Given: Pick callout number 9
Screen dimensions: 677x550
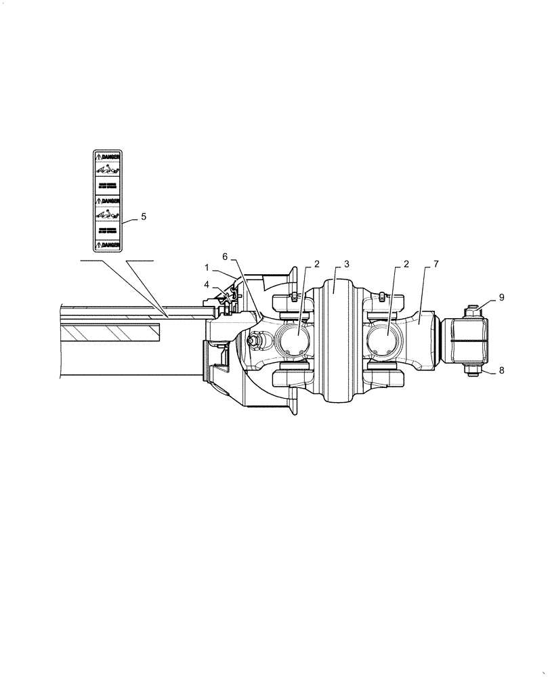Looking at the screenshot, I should coord(502,297).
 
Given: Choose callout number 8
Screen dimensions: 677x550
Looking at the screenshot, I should coord(502,370).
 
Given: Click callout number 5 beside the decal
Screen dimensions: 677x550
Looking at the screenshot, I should coord(144,217).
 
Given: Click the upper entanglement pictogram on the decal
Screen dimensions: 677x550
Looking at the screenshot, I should coord(107,169).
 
